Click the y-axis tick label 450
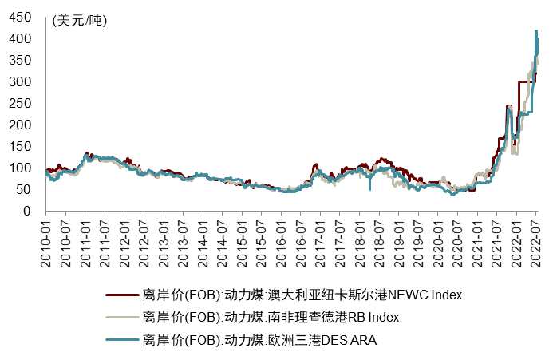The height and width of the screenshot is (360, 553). [x=28, y=17]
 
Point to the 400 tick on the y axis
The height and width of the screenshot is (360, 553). [x=28, y=38]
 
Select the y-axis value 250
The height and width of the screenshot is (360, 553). [x=28, y=103]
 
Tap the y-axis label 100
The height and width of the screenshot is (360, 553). [x=28, y=168]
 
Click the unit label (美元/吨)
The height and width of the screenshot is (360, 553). [x=78, y=22]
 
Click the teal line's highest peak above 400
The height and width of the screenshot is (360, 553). [x=535, y=31]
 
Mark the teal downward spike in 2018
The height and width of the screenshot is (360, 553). [x=369, y=189]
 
